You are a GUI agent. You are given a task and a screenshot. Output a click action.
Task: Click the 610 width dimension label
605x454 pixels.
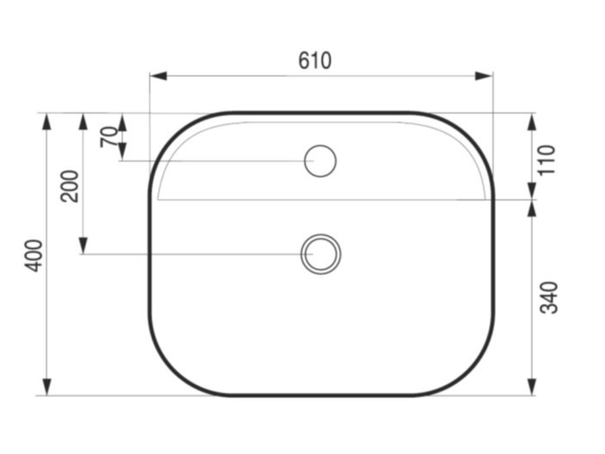[315, 60]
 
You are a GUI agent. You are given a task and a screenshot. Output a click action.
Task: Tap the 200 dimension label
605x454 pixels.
[70, 186]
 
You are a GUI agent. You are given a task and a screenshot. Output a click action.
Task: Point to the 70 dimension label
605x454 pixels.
[109, 138]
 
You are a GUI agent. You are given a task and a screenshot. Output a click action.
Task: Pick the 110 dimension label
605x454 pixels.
[548, 160]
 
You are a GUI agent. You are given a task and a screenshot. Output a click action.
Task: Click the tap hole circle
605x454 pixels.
[320, 161]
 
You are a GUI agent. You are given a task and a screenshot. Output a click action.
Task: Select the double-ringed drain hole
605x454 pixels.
[321, 254]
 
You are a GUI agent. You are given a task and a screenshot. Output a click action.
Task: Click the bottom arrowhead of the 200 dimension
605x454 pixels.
[83, 245]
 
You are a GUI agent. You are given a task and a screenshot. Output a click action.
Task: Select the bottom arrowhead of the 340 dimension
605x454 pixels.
[532, 387]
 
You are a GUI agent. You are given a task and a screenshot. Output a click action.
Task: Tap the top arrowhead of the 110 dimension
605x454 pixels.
[532, 121]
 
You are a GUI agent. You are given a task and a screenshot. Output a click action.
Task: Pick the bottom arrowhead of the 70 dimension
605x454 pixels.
[122, 153]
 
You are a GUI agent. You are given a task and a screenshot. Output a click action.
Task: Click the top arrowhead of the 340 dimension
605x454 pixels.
[532, 209]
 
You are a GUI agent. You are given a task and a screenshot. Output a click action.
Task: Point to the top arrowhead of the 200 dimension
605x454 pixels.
[83, 121]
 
